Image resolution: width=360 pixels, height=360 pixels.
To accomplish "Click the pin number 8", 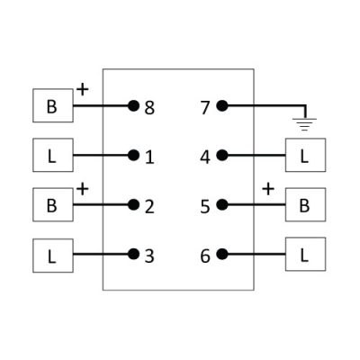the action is click(149, 108).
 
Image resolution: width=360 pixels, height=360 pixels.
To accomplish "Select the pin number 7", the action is click(205, 108).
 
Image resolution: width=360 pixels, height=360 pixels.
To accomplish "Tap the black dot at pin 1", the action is click(133, 155).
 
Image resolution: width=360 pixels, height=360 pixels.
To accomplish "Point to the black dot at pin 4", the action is click(222, 155).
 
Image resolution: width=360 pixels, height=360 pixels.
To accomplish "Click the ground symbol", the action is click(304, 124).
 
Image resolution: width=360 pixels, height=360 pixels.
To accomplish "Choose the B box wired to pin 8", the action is click(53, 105).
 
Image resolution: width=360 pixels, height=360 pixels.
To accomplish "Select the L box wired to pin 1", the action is click(53, 155).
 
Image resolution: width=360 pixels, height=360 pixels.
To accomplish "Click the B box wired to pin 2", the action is click(53, 205).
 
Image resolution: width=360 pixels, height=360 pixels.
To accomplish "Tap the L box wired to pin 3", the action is click(53, 256).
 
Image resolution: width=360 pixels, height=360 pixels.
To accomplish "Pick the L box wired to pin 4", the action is click(305, 155).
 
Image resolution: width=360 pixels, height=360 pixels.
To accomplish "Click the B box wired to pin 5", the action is click(305, 205).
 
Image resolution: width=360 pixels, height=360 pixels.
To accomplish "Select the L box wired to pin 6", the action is click(305, 255).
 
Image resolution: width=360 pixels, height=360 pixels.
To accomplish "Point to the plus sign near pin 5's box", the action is click(268, 189).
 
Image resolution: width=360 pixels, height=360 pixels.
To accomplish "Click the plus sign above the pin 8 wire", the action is click(83, 89).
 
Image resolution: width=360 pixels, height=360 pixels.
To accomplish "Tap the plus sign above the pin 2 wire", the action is click(83, 189).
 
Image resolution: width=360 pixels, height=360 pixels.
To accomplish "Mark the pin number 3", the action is click(149, 256).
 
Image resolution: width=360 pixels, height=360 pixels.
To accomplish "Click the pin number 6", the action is click(205, 256).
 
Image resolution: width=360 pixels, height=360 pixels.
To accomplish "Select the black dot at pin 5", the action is click(222, 205).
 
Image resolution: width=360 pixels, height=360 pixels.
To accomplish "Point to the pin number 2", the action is click(149, 207).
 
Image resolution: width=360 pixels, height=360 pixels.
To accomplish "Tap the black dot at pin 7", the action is click(222, 105).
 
